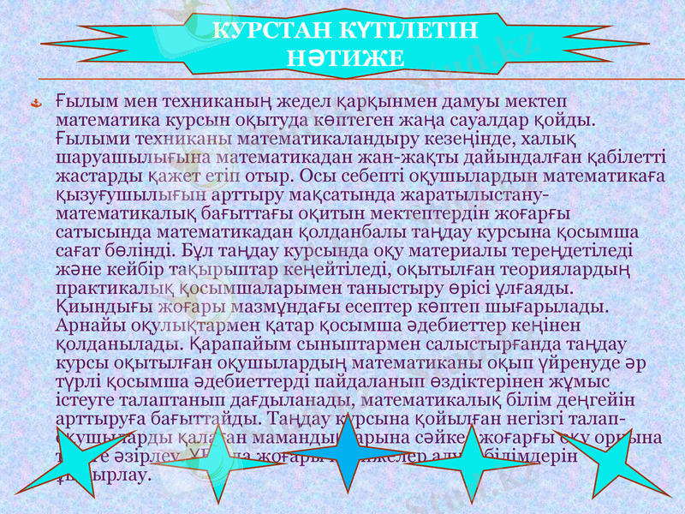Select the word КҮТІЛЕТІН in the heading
pyautogui.click(x=408, y=32)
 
